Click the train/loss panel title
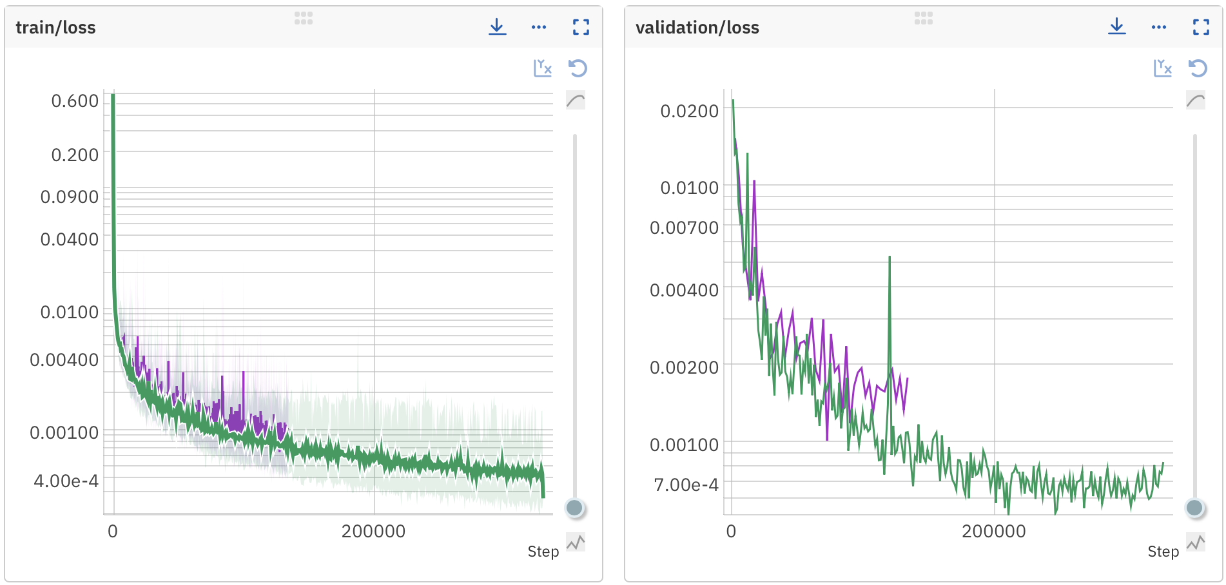[55, 28]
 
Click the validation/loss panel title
[697, 28]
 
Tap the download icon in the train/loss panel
[497, 27]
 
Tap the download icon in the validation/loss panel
[1117, 27]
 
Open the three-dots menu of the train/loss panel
[539, 27]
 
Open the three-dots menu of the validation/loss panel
[1159, 27]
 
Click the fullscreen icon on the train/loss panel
[581, 27]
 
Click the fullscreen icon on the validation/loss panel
[1201, 27]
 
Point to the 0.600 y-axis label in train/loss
[75, 101]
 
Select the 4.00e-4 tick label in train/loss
[66, 481]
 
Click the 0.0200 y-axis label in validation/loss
[689, 111]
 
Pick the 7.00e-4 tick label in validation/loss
[686, 485]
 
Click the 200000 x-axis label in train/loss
[373, 532]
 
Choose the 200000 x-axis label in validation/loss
[993, 532]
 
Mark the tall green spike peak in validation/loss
[890, 257]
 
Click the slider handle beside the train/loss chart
[574, 508]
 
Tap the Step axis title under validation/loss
[1163, 551]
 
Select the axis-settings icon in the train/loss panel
[543, 68]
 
